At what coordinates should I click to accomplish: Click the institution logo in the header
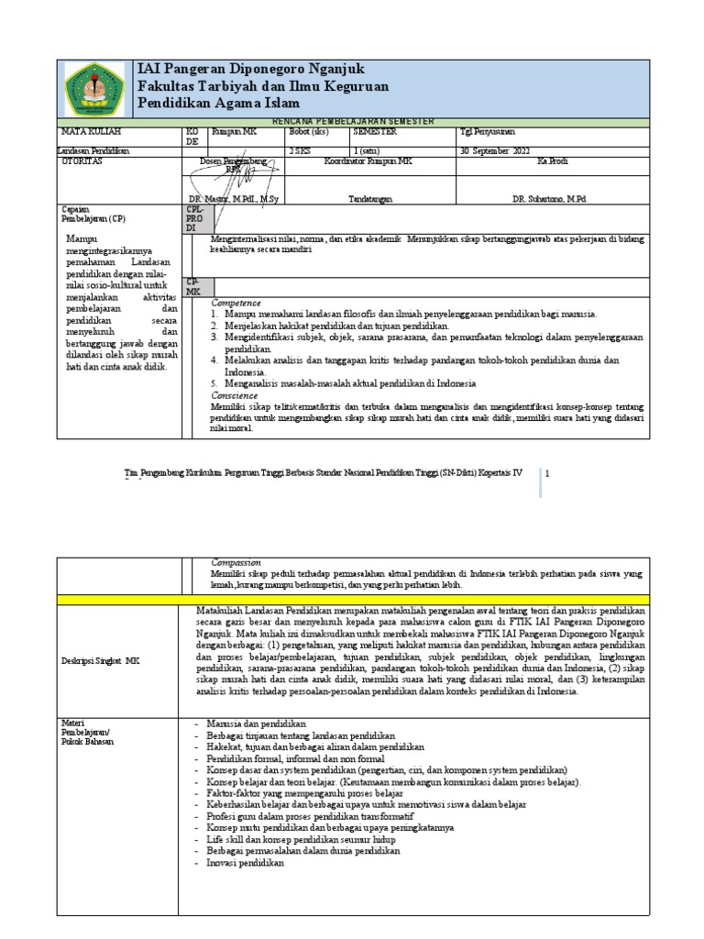[95, 89]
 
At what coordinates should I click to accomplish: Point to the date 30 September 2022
[496, 149]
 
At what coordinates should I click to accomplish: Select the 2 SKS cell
[300, 149]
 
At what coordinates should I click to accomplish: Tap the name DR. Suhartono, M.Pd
[550, 198]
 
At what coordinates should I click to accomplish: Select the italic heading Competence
[236, 303]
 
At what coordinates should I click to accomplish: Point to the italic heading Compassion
[236, 562]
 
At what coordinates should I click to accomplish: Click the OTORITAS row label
[81, 160]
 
